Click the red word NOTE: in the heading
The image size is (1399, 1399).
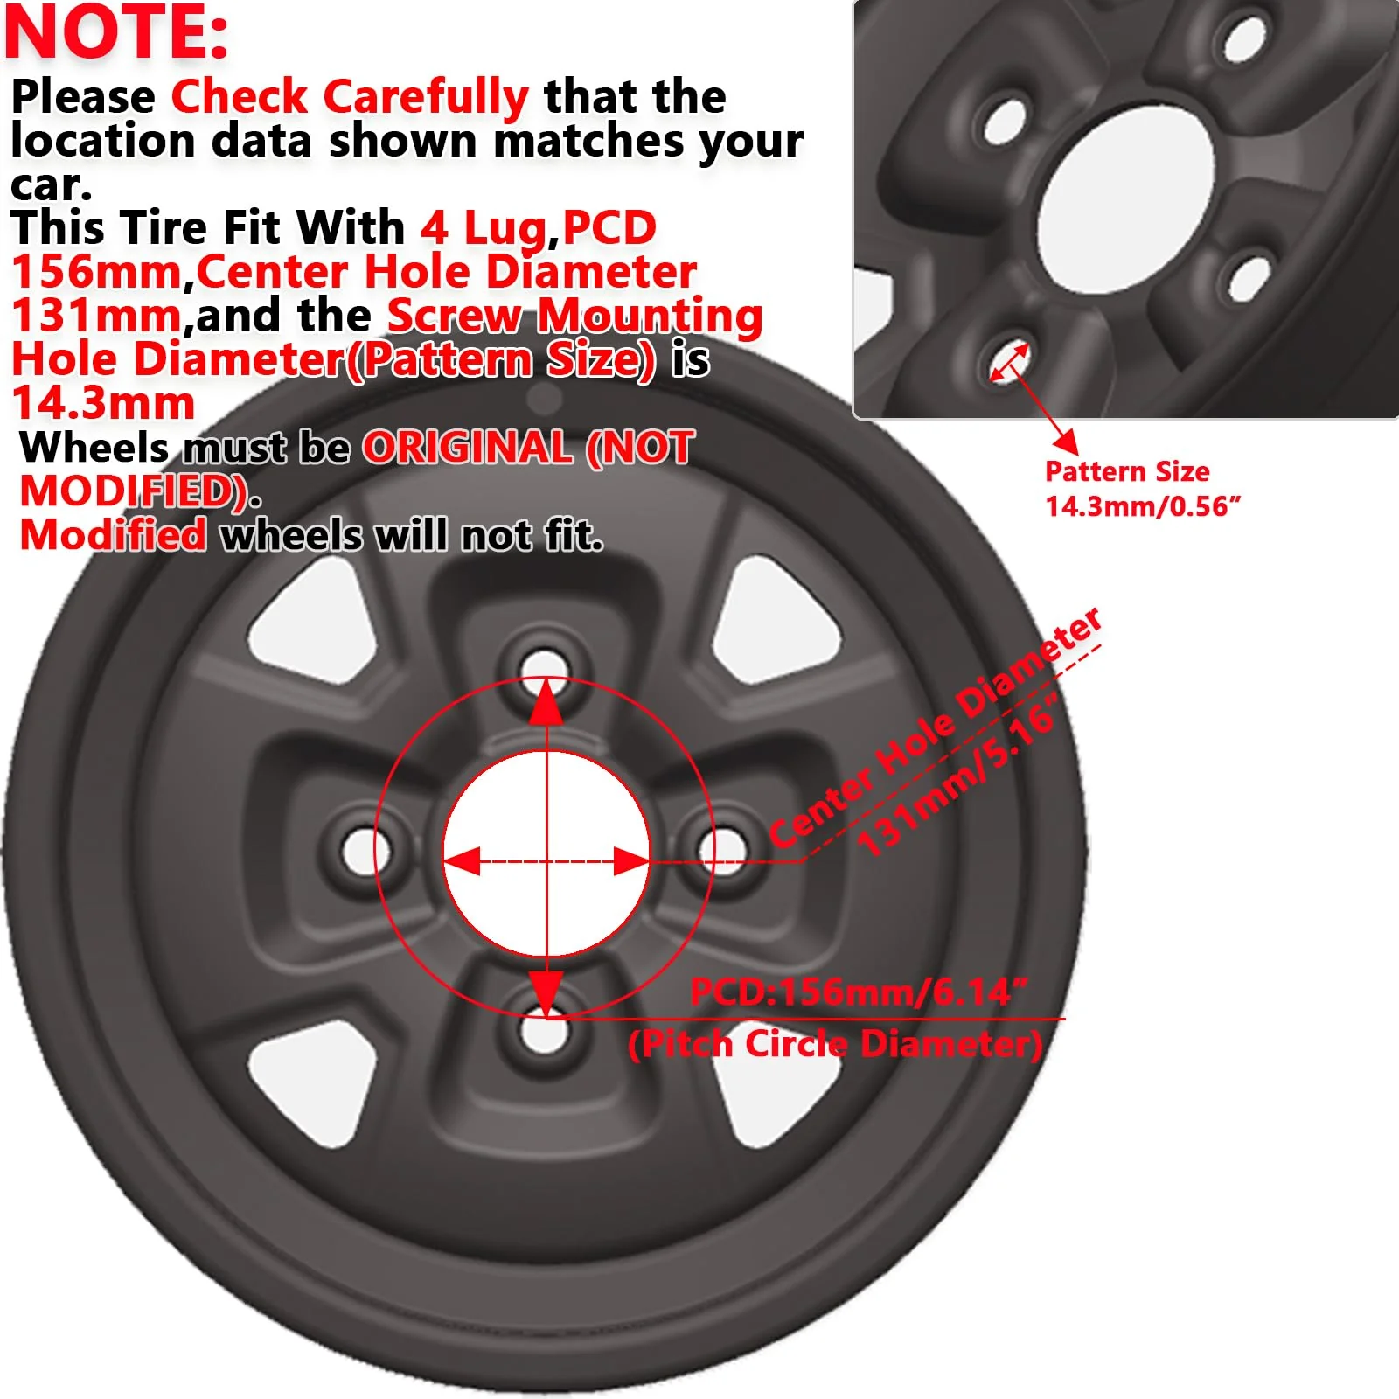[x=117, y=33]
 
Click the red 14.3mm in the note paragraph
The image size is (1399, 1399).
[x=103, y=403]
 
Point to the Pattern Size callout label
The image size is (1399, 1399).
[x=1127, y=471]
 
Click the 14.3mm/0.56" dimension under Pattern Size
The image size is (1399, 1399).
[x=1143, y=506]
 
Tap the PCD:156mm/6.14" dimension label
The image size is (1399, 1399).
[x=859, y=992]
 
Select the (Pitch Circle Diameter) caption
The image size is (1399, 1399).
[x=835, y=1044]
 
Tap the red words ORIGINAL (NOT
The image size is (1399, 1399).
[x=528, y=448]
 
